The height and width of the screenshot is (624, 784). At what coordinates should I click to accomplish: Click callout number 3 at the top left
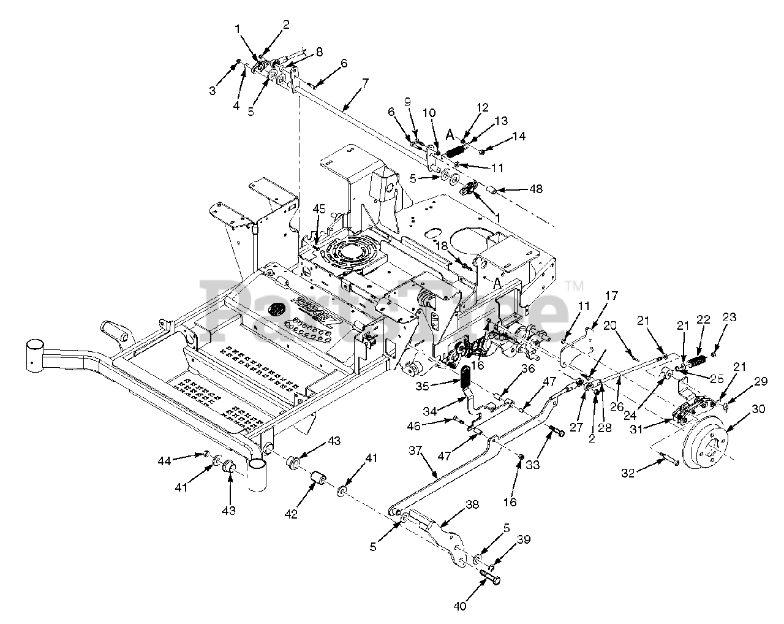pos(213,91)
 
